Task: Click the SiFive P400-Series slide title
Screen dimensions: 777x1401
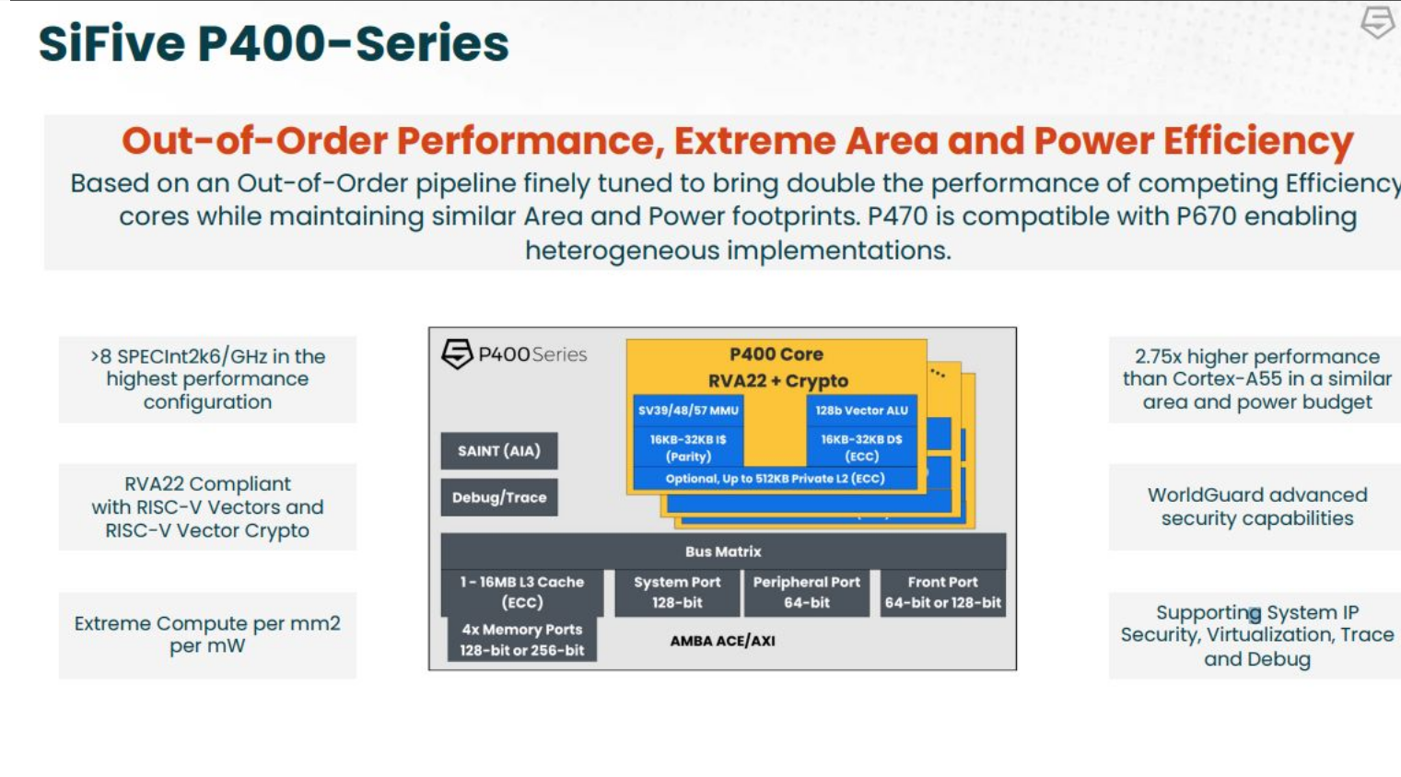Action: pos(274,44)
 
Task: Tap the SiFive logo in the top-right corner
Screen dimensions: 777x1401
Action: pos(1377,22)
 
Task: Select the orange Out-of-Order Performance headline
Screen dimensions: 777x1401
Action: pos(737,141)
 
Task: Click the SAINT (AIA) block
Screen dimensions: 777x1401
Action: pos(498,451)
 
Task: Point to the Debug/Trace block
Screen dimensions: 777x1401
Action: pos(498,497)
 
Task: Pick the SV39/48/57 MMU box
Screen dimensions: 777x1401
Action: pos(688,411)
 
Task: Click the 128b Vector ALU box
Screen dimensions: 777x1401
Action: pos(861,411)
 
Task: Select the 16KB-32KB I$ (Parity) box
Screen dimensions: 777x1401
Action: pos(688,447)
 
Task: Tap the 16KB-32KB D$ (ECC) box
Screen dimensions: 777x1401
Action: pos(861,447)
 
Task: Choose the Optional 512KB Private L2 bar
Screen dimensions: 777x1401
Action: pos(775,479)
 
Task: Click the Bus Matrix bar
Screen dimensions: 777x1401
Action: pos(723,551)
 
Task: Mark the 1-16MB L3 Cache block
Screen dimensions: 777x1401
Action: pos(521,592)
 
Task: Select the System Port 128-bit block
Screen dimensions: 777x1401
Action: pos(677,592)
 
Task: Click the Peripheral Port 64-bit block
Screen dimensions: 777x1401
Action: pos(806,592)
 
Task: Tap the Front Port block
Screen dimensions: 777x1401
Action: pos(942,592)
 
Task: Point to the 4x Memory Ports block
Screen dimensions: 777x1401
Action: pos(521,640)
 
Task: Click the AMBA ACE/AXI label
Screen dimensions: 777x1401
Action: pos(722,641)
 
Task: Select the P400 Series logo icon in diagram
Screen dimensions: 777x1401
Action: pos(457,354)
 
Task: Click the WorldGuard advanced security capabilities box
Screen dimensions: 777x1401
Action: pos(1256,506)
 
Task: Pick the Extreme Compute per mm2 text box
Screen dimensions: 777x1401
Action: pos(207,634)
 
